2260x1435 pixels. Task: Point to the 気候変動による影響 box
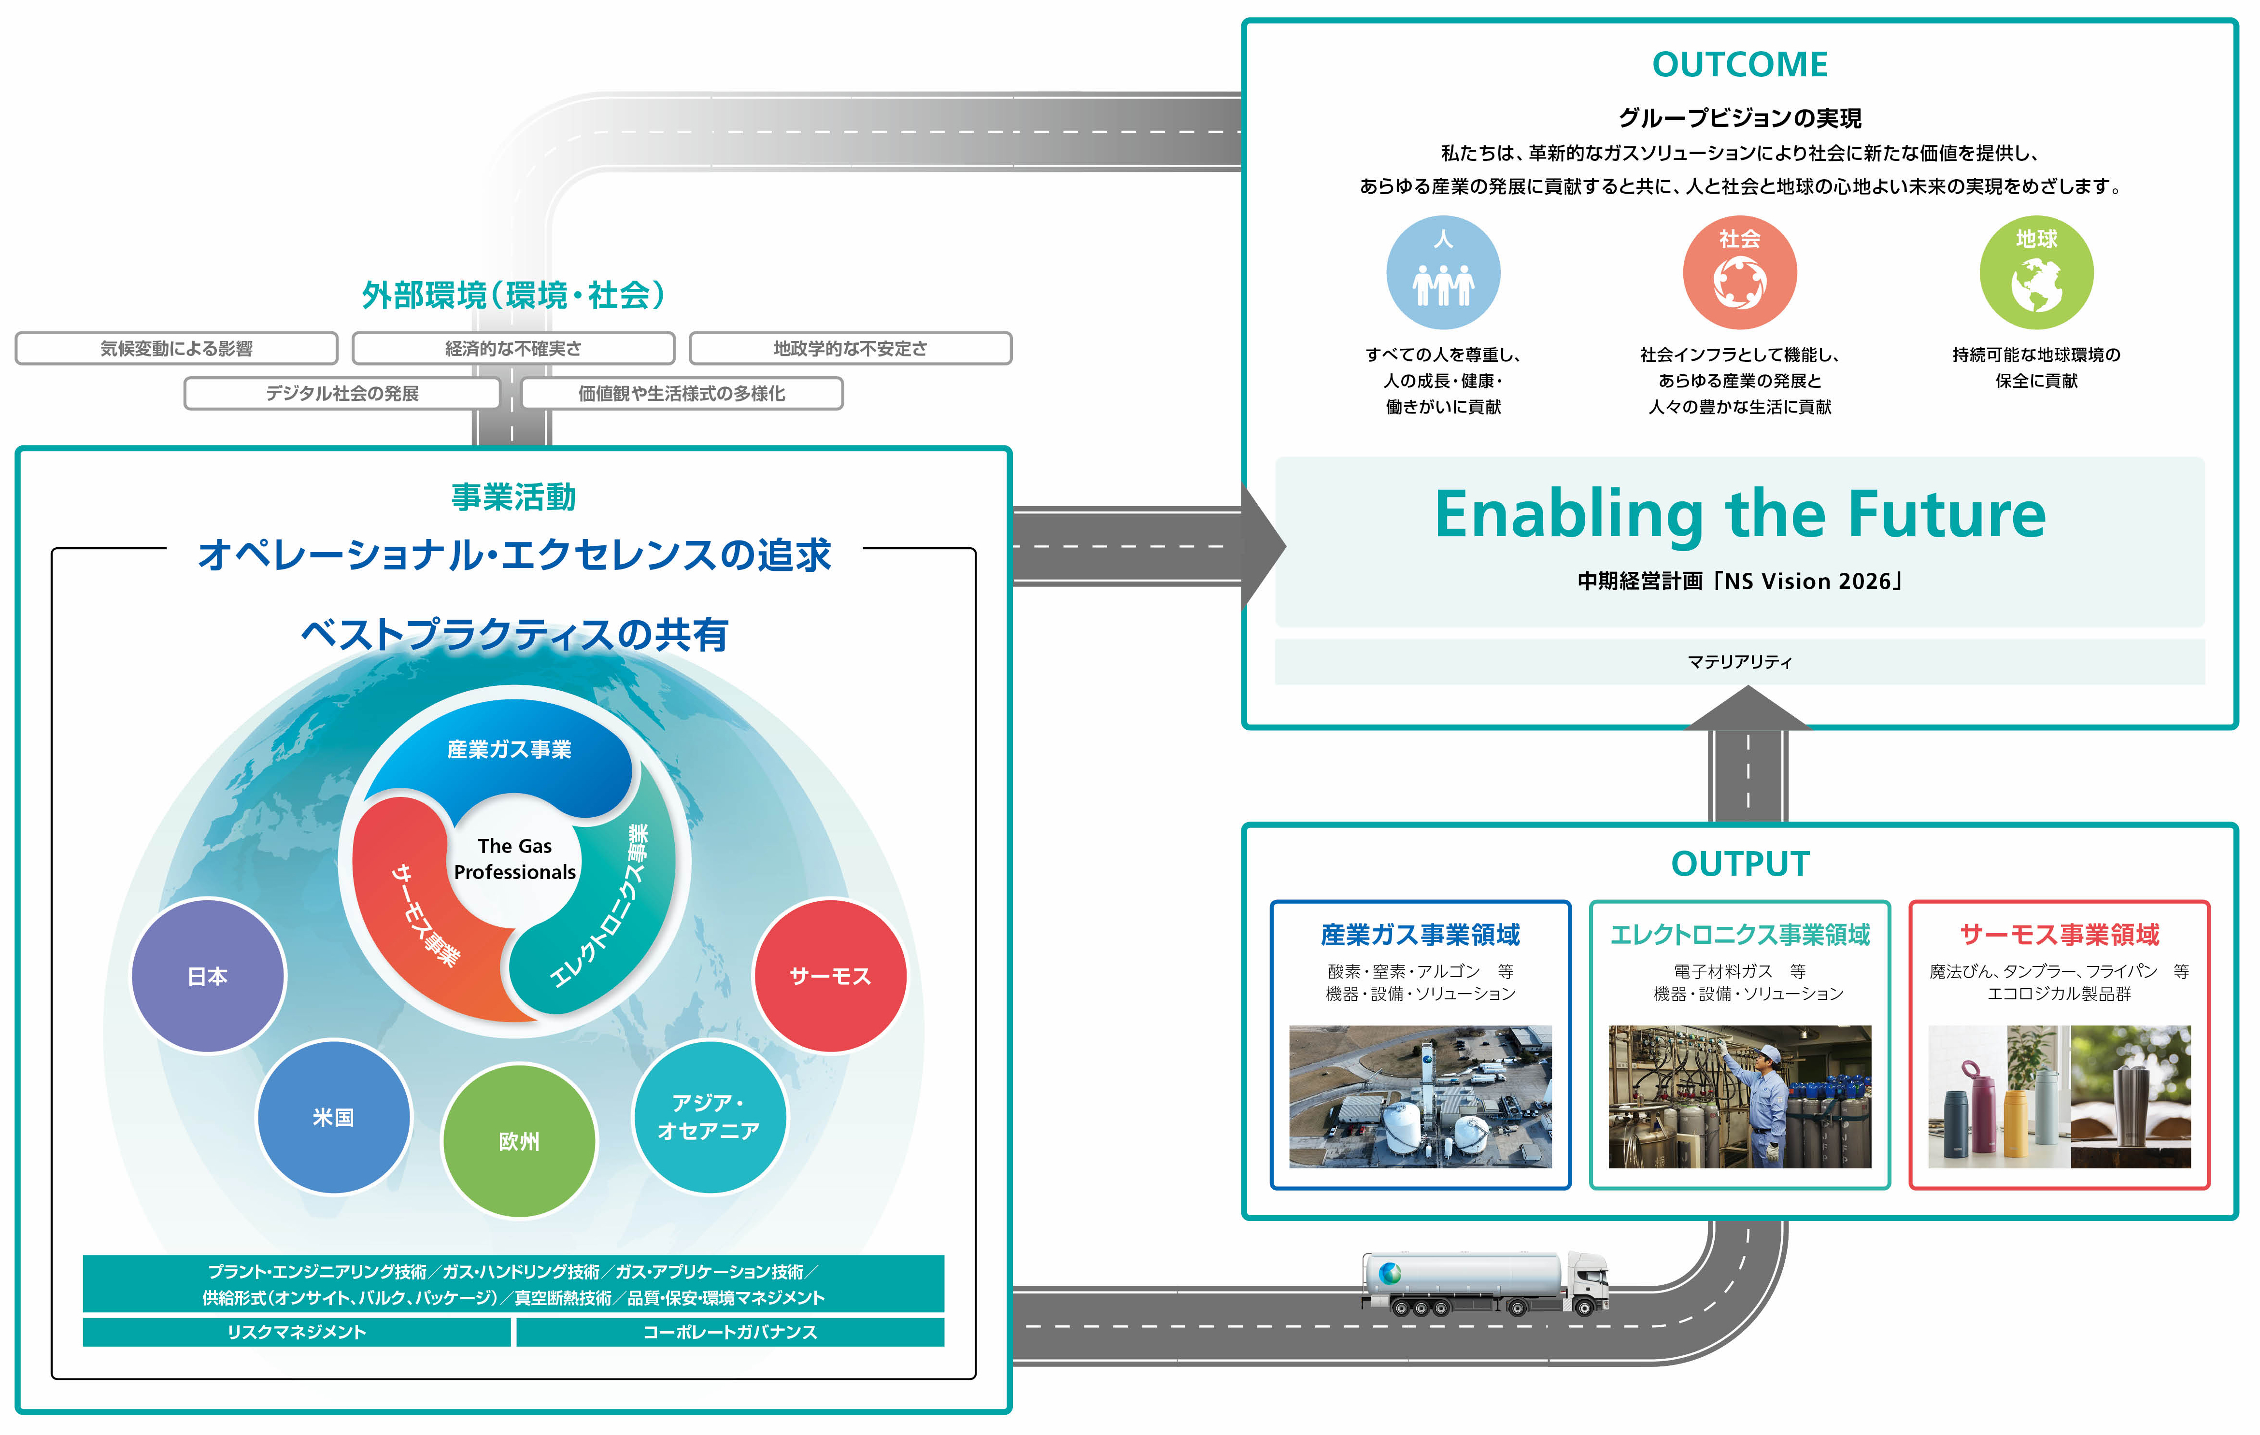(176, 348)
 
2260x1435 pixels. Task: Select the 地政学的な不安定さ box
(850, 348)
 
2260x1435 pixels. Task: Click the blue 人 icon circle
(1443, 272)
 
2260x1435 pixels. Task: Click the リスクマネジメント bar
(297, 1332)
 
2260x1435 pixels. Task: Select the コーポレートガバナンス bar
(730, 1332)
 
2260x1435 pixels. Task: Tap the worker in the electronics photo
(1764, 1098)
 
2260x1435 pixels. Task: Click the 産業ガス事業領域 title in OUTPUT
(1420, 935)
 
